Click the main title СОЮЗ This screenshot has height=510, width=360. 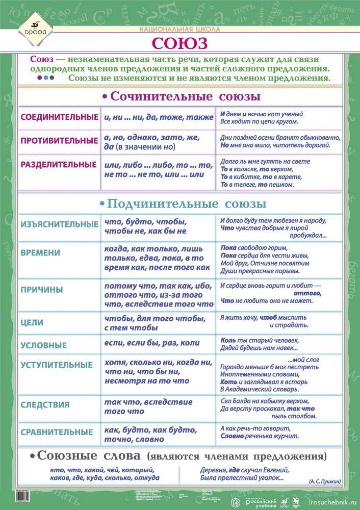pos(180,41)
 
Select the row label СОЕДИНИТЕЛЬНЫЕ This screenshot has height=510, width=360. pos(59,117)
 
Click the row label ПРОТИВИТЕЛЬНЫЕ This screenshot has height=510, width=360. pos(59,140)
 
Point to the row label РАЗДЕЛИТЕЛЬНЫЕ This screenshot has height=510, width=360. pos(58,164)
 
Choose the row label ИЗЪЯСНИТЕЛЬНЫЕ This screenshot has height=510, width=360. pos(59,224)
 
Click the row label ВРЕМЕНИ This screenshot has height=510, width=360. pos(40,252)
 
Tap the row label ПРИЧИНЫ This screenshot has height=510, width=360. pos(42,290)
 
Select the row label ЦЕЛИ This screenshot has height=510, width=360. pos(32,322)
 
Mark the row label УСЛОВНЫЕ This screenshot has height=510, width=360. pos(43,345)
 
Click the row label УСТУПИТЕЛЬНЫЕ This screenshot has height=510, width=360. pos(57,365)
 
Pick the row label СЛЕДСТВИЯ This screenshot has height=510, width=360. pos(45,404)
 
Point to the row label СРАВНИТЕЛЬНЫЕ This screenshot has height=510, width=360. pos(57,431)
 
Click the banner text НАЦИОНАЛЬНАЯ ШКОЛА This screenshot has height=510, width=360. pos(180,30)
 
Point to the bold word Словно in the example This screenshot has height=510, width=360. pos(232,437)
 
